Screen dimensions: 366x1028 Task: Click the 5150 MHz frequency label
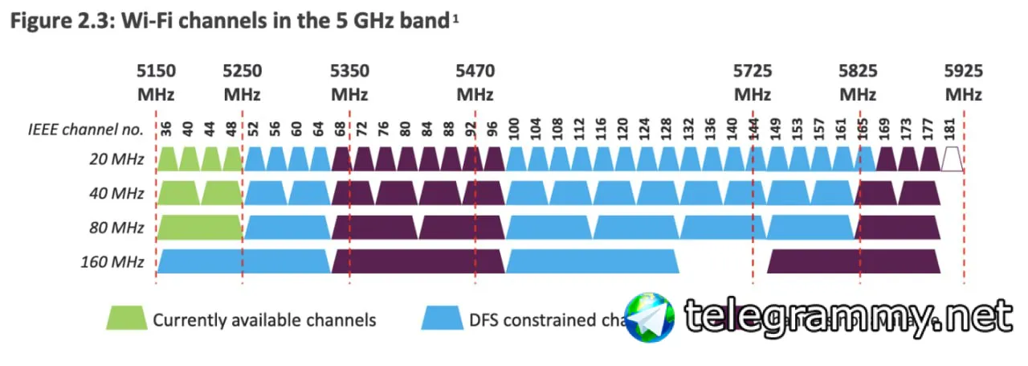(x=156, y=83)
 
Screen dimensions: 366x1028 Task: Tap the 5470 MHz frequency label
(x=475, y=83)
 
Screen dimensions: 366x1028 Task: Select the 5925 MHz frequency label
(x=963, y=83)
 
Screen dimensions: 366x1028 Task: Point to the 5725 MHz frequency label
(x=753, y=83)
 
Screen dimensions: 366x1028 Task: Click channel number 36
(x=167, y=128)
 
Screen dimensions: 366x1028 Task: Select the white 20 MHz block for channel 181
(x=952, y=159)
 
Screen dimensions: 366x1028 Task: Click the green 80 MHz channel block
(x=199, y=228)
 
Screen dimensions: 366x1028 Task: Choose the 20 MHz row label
(x=117, y=159)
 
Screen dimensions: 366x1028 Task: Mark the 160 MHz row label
(x=112, y=261)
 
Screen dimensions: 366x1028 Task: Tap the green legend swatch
(x=126, y=319)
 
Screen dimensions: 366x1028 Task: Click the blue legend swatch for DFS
(x=443, y=319)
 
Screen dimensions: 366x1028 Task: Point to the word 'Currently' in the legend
(x=190, y=320)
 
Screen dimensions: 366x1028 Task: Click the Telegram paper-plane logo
(x=650, y=319)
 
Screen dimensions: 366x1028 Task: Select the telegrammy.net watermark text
(x=847, y=318)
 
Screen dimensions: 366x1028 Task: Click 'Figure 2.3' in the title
(x=52, y=22)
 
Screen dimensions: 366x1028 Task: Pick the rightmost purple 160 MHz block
(x=854, y=261)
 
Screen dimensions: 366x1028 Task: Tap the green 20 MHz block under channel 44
(x=211, y=159)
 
